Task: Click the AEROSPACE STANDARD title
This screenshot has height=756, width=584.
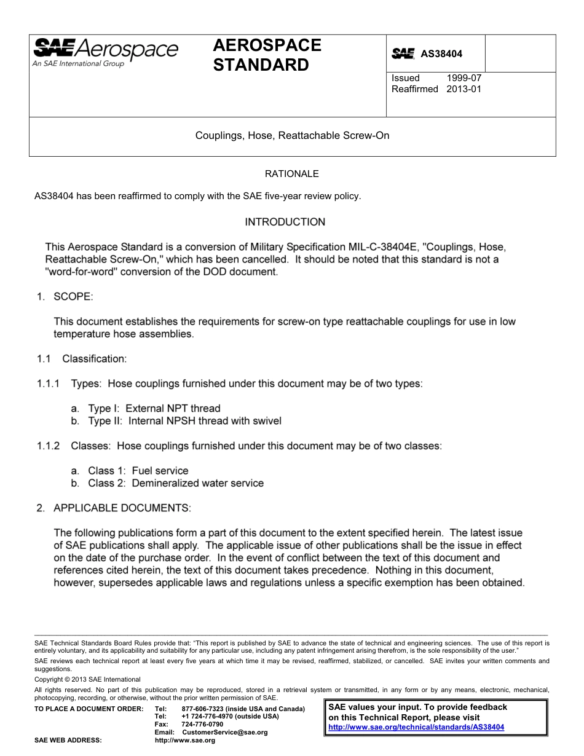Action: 267,55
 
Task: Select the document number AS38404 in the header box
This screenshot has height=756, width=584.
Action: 441,54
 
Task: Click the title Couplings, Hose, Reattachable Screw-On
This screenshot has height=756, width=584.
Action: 292,135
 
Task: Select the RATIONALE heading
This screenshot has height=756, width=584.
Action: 291,174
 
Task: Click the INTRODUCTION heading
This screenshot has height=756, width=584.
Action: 285,222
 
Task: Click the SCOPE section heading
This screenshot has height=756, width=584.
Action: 73,297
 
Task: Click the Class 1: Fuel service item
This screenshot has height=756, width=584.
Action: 138,471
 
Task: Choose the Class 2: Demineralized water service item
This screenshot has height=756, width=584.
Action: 175,483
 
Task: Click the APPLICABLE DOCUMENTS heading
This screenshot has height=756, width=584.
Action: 122,508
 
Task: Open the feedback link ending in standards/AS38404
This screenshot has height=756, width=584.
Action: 416,726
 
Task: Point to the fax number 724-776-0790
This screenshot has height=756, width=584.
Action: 202,724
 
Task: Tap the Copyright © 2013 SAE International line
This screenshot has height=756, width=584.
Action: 87,679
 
